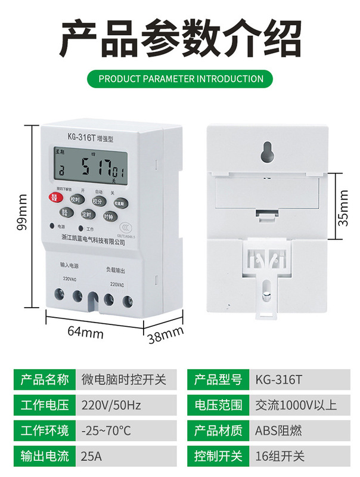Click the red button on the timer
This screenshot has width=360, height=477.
54,199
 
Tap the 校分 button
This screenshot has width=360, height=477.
98,202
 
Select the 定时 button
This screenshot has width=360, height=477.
86,215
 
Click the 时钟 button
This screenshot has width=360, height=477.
108,216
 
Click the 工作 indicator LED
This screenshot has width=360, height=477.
80,228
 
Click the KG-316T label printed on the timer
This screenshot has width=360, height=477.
72,137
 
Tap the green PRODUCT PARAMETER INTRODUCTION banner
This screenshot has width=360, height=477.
180,78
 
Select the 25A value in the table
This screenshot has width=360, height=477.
91,457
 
